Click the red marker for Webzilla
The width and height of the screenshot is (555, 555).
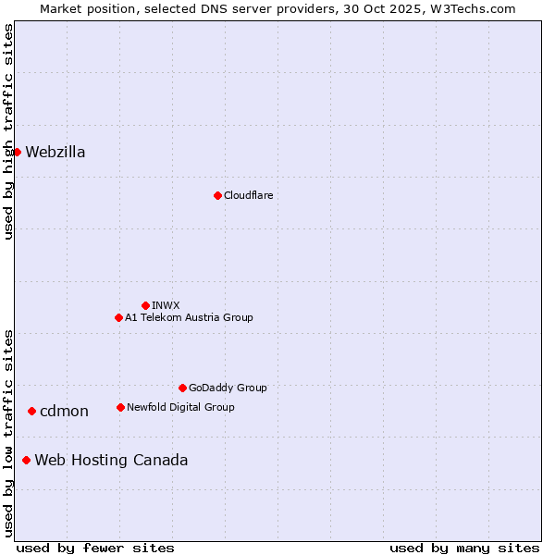(x=17, y=152)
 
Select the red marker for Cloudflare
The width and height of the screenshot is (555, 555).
(x=217, y=195)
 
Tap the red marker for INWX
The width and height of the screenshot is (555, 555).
(x=145, y=305)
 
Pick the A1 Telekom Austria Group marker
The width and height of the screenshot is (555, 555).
(x=118, y=317)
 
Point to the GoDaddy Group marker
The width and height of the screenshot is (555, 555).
(x=182, y=388)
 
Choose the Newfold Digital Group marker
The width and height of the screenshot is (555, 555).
(x=120, y=407)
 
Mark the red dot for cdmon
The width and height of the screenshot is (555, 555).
(x=31, y=411)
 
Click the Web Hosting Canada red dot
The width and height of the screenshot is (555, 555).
(x=26, y=460)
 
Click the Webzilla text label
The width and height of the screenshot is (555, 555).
(x=55, y=153)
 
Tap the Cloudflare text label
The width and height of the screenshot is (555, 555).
(x=248, y=195)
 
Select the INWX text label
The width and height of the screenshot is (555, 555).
(x=166, y=305)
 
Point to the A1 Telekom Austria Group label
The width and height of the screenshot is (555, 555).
(x=189, y=317)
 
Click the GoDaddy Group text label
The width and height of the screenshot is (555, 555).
(x=228, y=388)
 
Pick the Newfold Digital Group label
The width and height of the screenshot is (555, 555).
(x=180, y=407)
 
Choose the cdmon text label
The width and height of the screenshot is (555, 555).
(x=64, y=412)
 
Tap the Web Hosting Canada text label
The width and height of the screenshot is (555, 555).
(x=111, y=461)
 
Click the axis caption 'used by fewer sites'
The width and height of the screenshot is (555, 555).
(x=95, y=548)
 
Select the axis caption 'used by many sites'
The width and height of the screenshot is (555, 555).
(x=464, y=548)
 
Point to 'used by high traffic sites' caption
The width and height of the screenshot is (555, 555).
(x=8, y=131)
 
